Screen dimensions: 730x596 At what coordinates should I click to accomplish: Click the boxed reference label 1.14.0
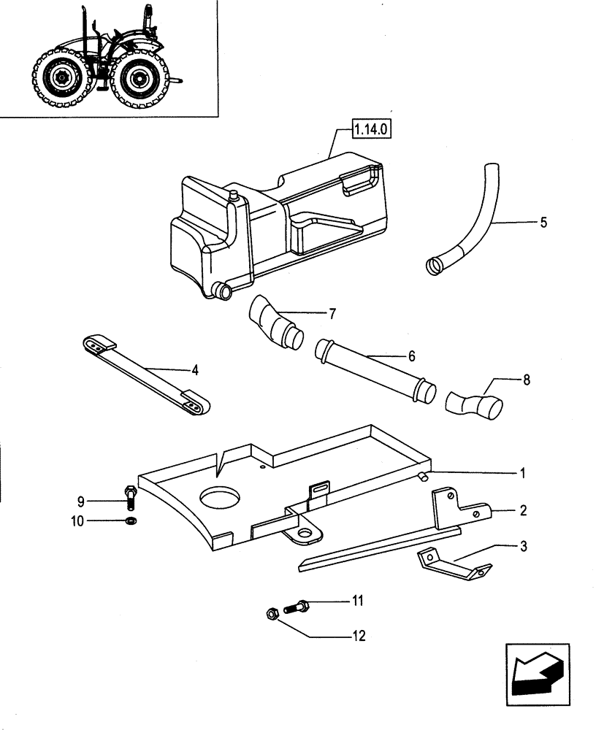[x=372, y=131]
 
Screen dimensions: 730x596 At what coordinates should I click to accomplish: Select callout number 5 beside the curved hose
[x=543, y=223]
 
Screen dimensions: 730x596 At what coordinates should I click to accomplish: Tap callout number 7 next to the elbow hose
[x=332, y=314]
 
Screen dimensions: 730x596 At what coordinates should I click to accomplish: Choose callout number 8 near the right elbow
[x=527, y=380]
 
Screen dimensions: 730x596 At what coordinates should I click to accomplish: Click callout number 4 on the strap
[x=195, y=370]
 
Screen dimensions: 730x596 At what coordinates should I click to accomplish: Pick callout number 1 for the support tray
[x=522, y=472]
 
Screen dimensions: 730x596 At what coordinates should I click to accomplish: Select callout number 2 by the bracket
[x=522, y=510]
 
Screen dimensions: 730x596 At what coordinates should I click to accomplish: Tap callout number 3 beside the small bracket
[x=522, y=545]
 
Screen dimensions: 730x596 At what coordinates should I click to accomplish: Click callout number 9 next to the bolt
[x=82, y=501]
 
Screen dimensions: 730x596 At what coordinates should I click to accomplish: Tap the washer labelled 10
[x=131, y=520]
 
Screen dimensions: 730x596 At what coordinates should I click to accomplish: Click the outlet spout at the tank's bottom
[x=221, y=291]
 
